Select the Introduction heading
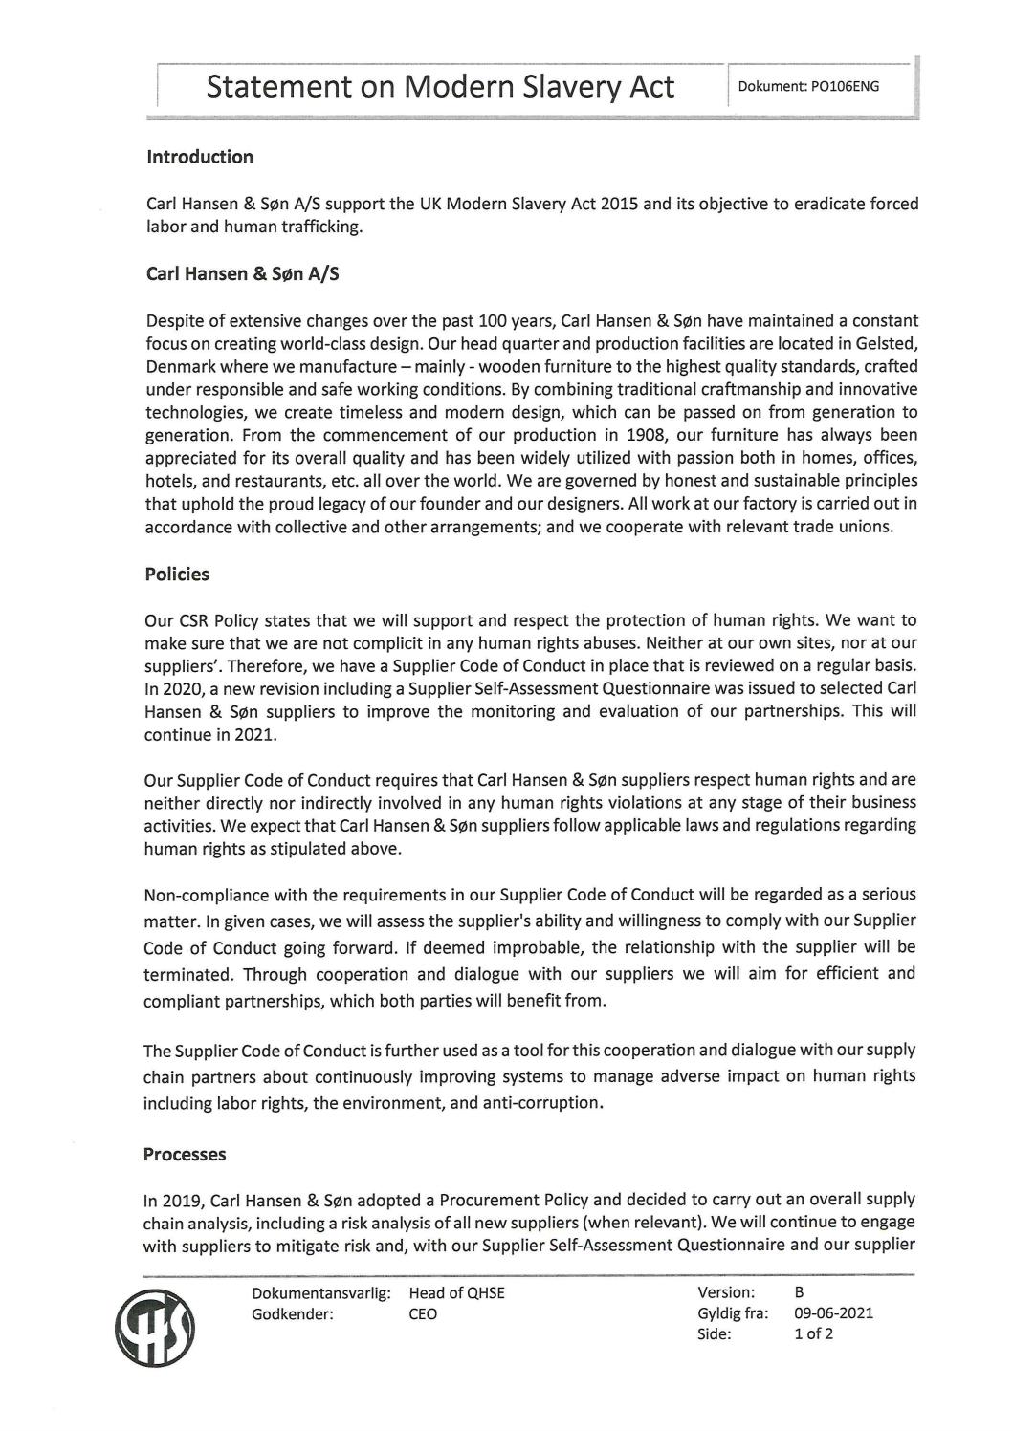click(200, 157)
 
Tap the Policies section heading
click(177, 575)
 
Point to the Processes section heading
click(185, 1155)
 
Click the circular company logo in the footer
click(155, 1330)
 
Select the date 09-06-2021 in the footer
click(833, 1313)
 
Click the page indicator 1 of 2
click(813, 1334)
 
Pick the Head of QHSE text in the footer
click(456, 1293)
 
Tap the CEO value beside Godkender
click(423, 1314)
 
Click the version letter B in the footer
click(799, 1293)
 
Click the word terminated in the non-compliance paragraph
click(188, 975)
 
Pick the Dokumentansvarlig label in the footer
click(320, 1293)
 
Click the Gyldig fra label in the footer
click(733, 1313)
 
